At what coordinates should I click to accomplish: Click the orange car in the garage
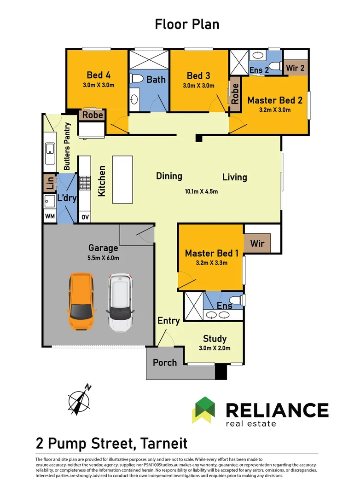click(81, 301)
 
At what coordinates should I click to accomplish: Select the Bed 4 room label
click(99, 75)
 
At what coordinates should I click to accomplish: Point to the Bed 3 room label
click(198, 76)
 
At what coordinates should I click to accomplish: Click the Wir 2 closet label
click(295, 68)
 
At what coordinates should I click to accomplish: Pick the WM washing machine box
click(50, 216)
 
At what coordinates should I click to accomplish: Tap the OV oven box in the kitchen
click(85, 217)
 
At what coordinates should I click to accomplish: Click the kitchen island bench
click(122, 179)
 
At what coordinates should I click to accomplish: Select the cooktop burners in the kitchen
click(85, 183)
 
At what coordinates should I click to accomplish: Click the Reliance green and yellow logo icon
click(203, 410)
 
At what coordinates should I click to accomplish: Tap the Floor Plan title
click(187, 24)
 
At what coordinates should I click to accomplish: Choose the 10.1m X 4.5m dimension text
click(202, 191)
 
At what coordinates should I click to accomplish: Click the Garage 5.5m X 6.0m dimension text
click(104, 258)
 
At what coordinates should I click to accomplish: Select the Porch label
click(165, 363)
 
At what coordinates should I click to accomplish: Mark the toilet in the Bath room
click(136, 78)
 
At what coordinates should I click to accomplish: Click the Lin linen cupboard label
click(50, 183)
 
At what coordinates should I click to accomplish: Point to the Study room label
click(215, 339)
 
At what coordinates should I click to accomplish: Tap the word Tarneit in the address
click(164, 443)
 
